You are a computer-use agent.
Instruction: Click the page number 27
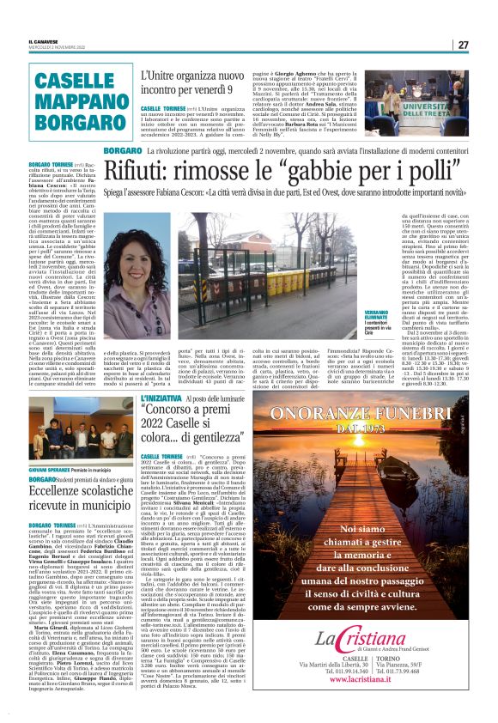[x=462, y=45]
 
